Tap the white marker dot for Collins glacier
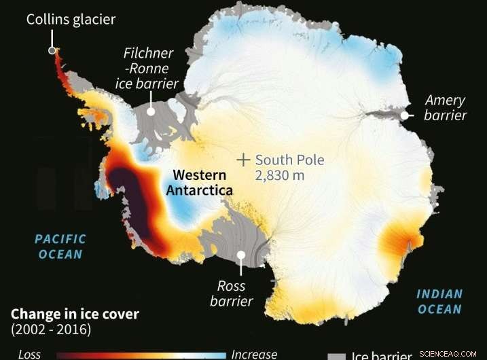coord(52,50)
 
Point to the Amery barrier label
coord(446,108)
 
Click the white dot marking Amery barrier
coord(405,115)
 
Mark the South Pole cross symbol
coord(243,160)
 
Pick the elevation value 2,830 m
coord(280,176)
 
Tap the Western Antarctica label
coord(199,182)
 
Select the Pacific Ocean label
coord(60,247)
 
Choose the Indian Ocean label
coord(439,302)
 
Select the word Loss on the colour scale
coord(29,354)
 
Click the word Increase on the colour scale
coord(254,354)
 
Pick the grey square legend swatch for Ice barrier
coord(336,355)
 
